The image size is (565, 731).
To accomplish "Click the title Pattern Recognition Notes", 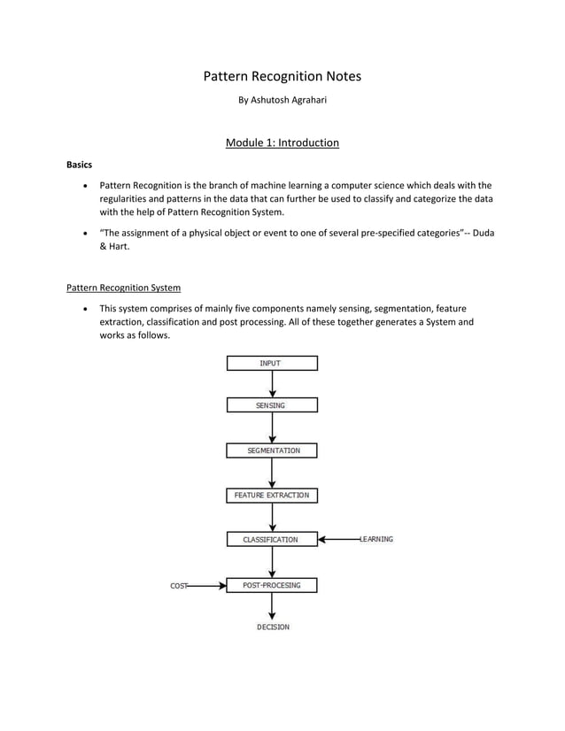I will (x=282, y=76).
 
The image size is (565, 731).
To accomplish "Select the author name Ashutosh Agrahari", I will (x=282, y=100).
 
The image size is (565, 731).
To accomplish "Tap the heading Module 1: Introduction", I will (x=282, y=142).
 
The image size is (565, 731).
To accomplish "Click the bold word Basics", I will (x=80, y=165).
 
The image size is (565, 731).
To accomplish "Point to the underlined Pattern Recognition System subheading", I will (x=124, y=288).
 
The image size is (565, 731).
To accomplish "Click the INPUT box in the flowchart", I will (x=272, y=363).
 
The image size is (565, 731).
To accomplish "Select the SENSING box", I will (x=272, y=405).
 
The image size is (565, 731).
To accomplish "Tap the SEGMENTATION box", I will (x=272, y=450).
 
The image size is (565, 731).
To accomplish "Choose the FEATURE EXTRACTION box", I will (x=272, y=496).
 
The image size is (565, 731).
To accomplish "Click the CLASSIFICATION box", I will (x=272, y=539).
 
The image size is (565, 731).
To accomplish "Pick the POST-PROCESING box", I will (x=272, y=585).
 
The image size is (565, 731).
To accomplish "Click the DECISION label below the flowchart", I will (x=273, y=627).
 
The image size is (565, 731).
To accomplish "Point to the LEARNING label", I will (x=376, y=539).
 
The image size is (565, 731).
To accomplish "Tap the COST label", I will (x=178, y=586).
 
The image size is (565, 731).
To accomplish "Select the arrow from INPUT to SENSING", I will (x=272, y=384).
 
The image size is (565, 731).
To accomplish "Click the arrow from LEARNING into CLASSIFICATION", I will (x=338, y=539).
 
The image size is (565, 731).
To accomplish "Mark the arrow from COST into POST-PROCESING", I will (x=206, y=585).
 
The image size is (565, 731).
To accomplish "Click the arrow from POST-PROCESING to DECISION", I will (x=272, y=605).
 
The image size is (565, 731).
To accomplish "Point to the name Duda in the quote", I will (x=484, y=233).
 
